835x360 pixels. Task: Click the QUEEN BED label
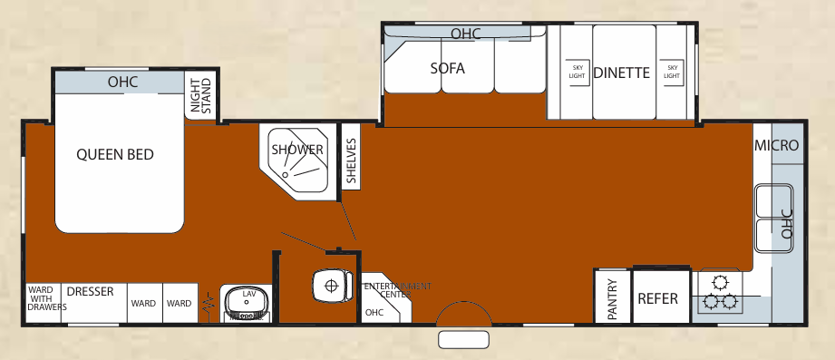pyautogui.click(x=114, y=154)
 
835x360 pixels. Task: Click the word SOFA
pyautogui.click(x=447, y=65)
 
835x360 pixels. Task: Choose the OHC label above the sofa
pyautogui.click(x=464, y=34)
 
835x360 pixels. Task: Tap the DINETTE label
pyautogui.click(x=622, y=73)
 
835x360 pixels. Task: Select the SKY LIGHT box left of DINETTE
pyautogui.click(x=577, y=72)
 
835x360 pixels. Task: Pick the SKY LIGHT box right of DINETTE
pyautogui.click(x=671, y=72)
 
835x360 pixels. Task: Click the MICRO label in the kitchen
pyautogui.click(x=777, y=145)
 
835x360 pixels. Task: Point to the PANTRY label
pyautogui.click(x=612, y=298)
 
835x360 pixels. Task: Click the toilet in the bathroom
pyautogui.click(x=330, y=286)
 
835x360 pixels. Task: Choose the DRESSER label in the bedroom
pyautogui.click(x=90, y=292)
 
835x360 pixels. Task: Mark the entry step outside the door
pyautogui.click(x=464, y=340)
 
